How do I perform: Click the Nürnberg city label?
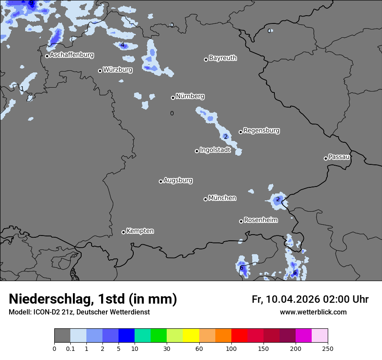pos(190,96)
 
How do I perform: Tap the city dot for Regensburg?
pos(240,132)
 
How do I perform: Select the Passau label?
pos(339,157)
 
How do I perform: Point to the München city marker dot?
pos(205,199)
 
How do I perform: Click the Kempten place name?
pos(140,231)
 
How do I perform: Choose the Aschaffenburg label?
pos(72,55)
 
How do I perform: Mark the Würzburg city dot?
pos(100,71)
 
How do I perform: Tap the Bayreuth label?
pos(223,58)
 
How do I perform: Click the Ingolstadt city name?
pos(215,150)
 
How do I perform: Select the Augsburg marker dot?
pos(161,181)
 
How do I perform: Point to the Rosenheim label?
pos(260,220)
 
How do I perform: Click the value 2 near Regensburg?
pos(226,137)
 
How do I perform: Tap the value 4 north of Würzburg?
pos(122,45)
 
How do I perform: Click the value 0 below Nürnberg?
pos(172,114)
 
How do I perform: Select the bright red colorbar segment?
pos(239,336)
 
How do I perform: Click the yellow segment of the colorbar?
pos(191,336)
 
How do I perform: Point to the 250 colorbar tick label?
pos(328,348)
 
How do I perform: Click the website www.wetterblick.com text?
pos(313,312)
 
